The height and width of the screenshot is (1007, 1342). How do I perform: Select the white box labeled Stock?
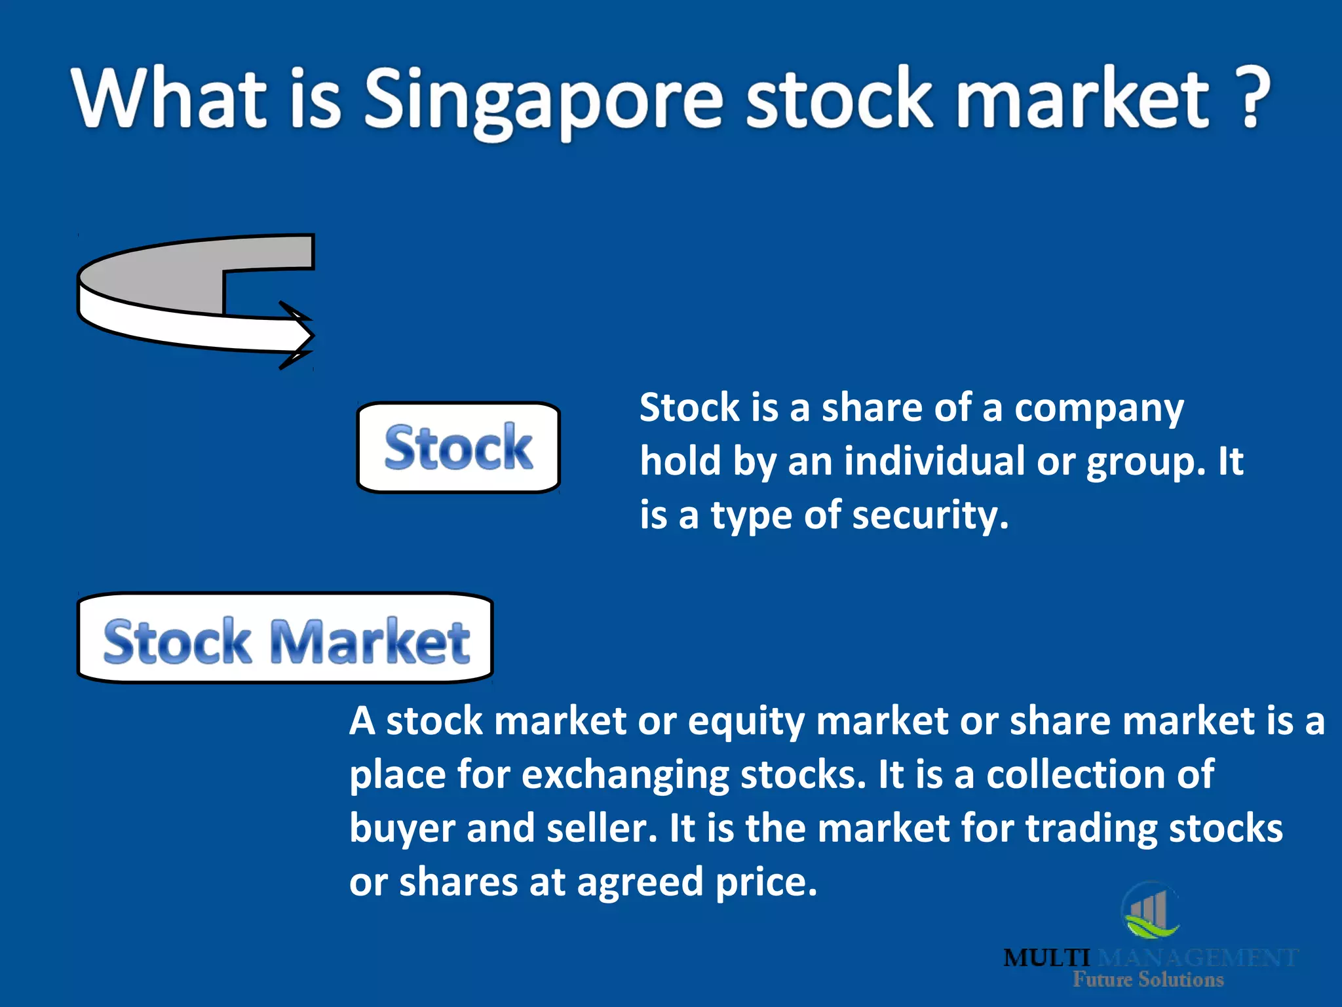[x=458, y=447]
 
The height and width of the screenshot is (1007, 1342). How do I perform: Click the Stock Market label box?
[x=285, y=639]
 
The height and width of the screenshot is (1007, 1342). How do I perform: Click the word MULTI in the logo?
[x=1046, y=958]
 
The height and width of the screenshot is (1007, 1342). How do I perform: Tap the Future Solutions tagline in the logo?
[x=1148, y=979]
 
